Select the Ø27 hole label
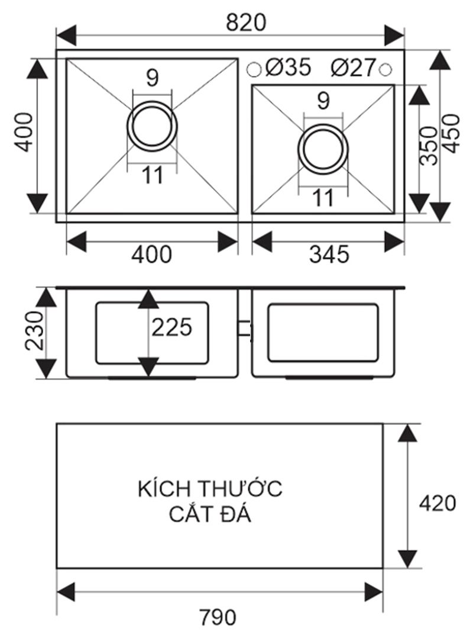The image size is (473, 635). (354, 68)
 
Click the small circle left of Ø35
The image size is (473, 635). (254, 69)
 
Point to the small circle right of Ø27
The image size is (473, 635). (385, 69)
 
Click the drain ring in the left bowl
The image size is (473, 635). (152, 125)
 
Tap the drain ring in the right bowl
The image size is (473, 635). (323, 148)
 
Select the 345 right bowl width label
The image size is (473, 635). (329, 254)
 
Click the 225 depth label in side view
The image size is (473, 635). (172, 327)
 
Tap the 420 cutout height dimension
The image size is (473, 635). (438, 502)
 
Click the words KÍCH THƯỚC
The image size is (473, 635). (210, 489)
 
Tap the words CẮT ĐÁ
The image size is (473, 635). (210, 514)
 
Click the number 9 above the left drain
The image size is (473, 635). (153, 78)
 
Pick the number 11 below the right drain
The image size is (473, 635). (323, 198)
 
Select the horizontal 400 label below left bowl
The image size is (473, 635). (151, 254)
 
